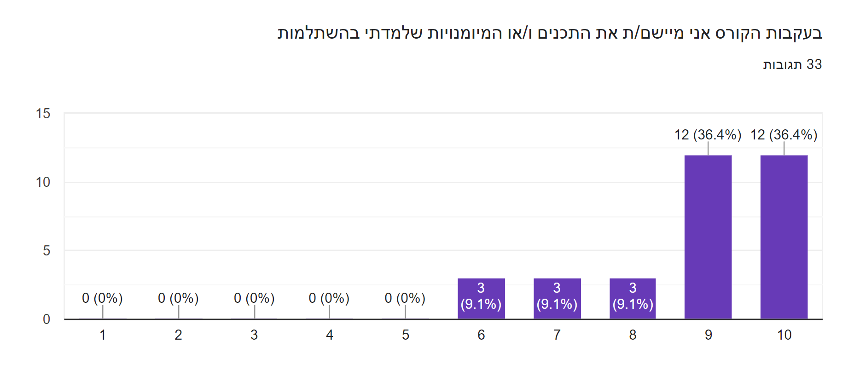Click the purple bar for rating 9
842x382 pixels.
click(708, 237)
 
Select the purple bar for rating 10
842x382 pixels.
click(784, 237)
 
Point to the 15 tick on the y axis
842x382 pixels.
click(43, 114)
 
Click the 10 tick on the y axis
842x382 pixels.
click(43, 182)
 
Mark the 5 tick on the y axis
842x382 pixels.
click(46, 251)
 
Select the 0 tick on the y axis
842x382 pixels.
click(46, 319)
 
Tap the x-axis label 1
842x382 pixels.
click(103, 335)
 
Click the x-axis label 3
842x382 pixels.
click(254, 335)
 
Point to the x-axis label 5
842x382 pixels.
click(406, 335)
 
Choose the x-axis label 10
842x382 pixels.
click(784, 335)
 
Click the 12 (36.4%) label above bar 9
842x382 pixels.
click(708, 135)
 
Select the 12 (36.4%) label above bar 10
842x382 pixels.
click(784, 135)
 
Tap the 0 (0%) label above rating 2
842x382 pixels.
click(178, 298)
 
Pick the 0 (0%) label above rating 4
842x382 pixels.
click(329, 298)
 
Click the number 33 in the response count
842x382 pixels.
click(814, 64)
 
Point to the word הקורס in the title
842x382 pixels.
click(737, 34)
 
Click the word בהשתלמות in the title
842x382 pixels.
click(318, 34)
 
